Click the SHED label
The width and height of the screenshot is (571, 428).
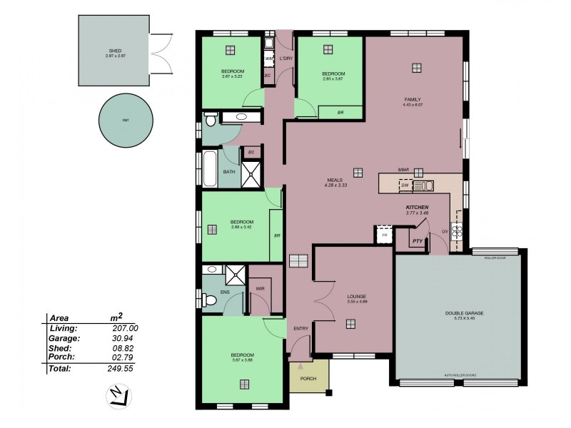114,51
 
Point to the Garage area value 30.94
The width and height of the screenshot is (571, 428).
124,337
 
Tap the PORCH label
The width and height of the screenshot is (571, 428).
308,378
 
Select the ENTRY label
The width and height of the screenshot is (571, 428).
301,328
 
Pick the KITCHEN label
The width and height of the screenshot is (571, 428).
417,207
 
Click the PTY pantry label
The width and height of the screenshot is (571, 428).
417,242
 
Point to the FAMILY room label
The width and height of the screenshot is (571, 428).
412,99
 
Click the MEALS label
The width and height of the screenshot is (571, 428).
335,180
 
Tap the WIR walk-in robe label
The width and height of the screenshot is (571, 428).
260,289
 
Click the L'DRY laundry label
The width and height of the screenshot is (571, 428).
286,58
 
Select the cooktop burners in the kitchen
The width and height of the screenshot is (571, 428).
458,230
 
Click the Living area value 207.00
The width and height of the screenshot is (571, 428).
124,327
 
